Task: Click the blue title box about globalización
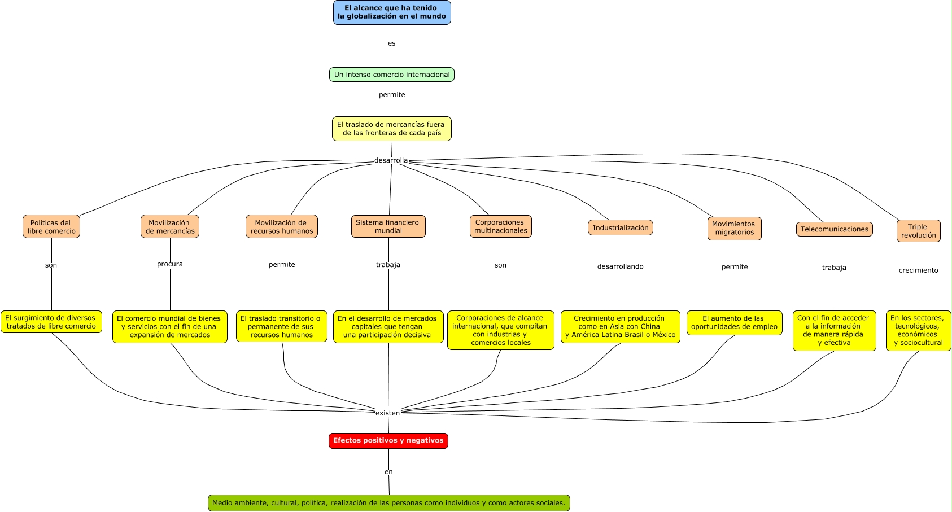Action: pyautogui.click(x=392, y=12)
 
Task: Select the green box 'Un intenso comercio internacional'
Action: pyautogui.click(x=392, y=75)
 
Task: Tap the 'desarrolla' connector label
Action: pyautogui.click(x=391, y=160)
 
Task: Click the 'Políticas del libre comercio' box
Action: pyautogui.click(x=51, y=226)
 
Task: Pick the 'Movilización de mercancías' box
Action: pyautogui.click(x=170, y=226)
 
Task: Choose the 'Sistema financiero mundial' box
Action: pyautogui.click(x=388, y=226)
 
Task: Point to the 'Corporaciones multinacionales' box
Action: pyautogui.click(x=501, y=226)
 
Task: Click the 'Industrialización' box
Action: pyautogui.click(x=621, y=227)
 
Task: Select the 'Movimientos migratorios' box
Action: pyautogui.click(x=735, y=229)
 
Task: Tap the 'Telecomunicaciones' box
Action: pyautogui.click(x=835, y=229)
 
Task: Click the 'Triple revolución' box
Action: pyautogui.click(x=919, y=231)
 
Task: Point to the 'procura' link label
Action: pyautogui.click(x=170, y=264)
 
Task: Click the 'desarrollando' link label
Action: pyautogui.click(x=621, y=266)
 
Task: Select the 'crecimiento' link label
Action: pyautogui.click(x=919, y=270)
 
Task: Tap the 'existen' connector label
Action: pyautogui.click(x=387, y=413)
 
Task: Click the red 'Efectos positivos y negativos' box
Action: pyautogui.click(x=388, y=441)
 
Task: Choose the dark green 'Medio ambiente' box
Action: pyautogui.click(x=389, y=502)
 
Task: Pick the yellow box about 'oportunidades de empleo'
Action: pyautogui.click(x=735, y=323)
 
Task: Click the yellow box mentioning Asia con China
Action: pyautogui.click(x=621, y=326)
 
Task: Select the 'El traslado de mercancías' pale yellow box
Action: pyautogui.click(x=392, y=129)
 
